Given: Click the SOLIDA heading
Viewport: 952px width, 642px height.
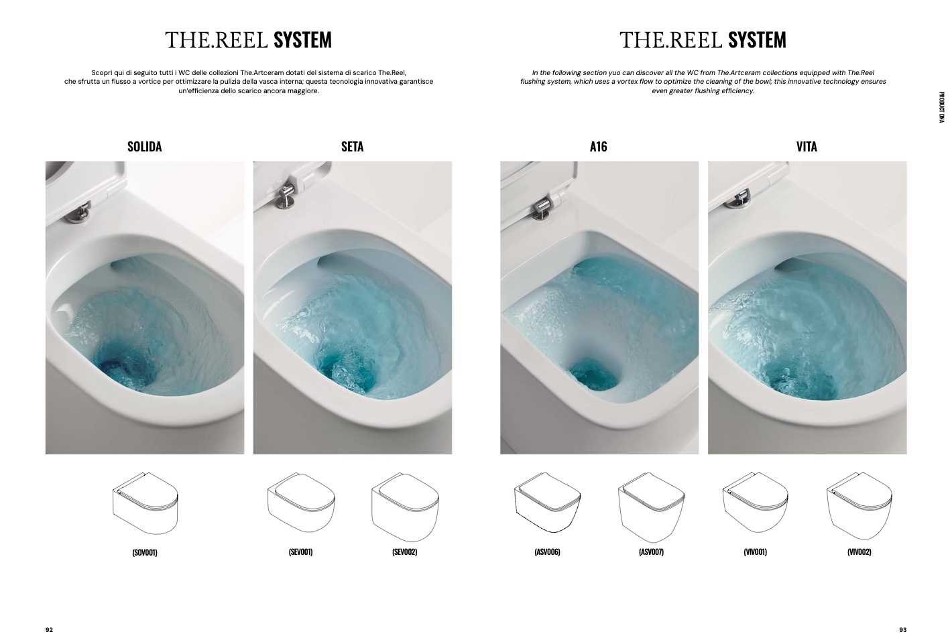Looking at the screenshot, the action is (145, 147).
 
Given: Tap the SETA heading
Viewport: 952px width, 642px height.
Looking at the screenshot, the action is (353, 147).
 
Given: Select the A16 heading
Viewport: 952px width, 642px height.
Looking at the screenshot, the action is (599, 147).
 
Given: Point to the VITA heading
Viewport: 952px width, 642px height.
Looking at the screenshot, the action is (807, 147).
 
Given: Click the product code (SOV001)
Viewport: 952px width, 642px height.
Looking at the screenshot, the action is (145, 552).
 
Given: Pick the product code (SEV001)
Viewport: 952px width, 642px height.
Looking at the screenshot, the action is (300, 552).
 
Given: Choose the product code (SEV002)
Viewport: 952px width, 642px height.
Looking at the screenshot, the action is (405, 552).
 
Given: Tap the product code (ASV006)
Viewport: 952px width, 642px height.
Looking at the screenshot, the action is (547, 552).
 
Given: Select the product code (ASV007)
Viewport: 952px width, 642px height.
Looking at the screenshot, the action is (651, 552).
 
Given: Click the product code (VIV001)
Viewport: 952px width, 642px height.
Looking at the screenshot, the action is (755, 552).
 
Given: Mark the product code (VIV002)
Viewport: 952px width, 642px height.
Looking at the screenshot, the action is (859, 552).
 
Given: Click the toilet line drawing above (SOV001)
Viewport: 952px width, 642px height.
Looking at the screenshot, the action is (145, 503).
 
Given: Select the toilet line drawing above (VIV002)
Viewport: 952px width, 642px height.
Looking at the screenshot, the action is (859, 505).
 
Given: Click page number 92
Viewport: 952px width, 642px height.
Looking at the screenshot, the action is (50, 630).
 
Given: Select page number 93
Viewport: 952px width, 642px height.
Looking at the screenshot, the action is (902, 630).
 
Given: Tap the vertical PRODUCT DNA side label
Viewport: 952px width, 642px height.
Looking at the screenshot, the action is (941, 107).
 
